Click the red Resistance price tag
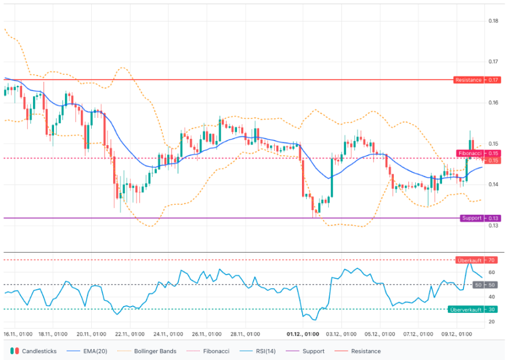[x=468, y=80]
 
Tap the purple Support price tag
[x=471, y=218]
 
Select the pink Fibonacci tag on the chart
[x=470, y=153]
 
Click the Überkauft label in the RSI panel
[x=469, y=260]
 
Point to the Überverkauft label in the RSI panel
[x=466, y=309]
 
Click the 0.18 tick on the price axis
[x=493, y=21]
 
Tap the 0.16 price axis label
[x=493, y=103]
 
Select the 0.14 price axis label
[x=493, y=185]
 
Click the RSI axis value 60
[x=491, y=272]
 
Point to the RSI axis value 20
[x=491, y=322]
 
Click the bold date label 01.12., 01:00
[x=303, y=334]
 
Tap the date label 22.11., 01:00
[x=130, y=334]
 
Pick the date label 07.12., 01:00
[x=418, y=334]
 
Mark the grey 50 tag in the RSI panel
[x=478, y=285]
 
